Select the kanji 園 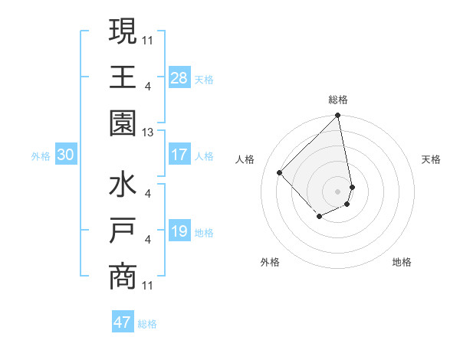(x=123, y=124)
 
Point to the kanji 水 (x=123, y=186)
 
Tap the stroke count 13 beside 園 (x=148, y=132)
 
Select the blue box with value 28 (x=179, y=77)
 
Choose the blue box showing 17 (x=179, y=155)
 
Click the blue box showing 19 (x=179, y=231)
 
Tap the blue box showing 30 (x=65, y=155)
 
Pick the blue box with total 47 (x=123, y=322)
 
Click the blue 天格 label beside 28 (x=204, y=79)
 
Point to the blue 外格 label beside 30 (x=41, y=156)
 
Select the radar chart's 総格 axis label (x=337, y=100)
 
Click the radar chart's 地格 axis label (x=402, y=263)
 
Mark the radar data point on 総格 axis (x=337, y=116)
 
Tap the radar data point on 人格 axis (x=280, y=172)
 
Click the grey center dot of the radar (x=337, y=191)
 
